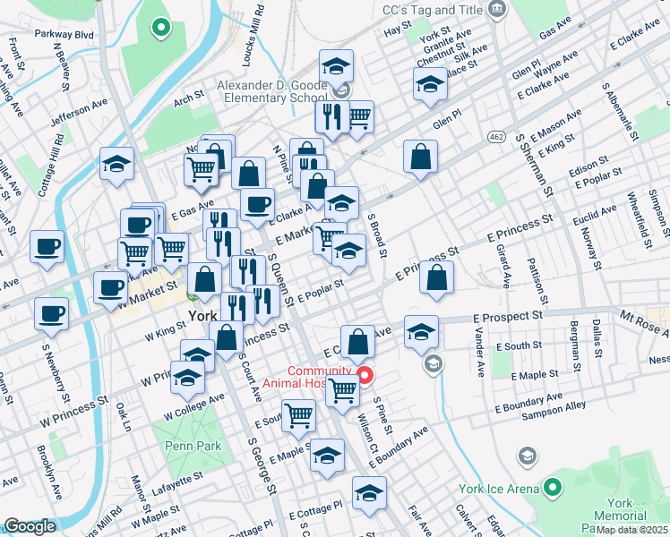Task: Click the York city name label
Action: pos(202,316)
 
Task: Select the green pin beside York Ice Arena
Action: pos(554,488)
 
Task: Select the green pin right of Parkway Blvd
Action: pos(161,29)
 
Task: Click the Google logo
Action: pos(30,526)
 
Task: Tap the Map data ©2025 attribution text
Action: pos(631,529)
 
